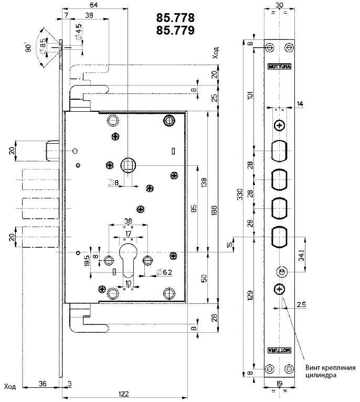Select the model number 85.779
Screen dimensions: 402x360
tap(175, 30)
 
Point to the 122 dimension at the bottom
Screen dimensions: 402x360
tap(124, 394)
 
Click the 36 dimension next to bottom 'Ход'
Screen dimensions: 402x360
tap(43, 384)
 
